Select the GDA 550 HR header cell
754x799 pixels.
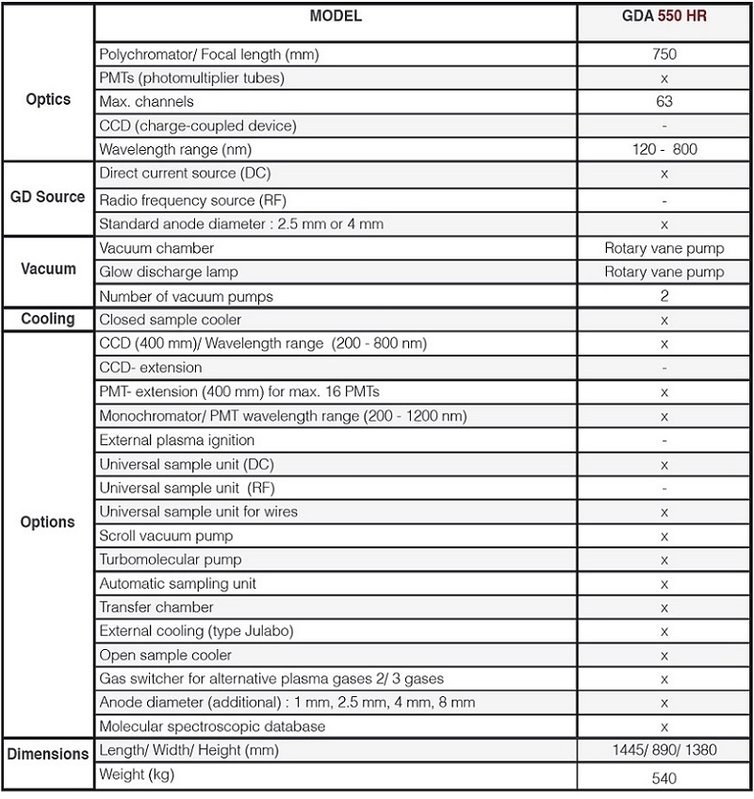coord(664,16)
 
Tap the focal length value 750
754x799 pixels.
coord(664,55)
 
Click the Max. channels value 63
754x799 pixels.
coord(664,102)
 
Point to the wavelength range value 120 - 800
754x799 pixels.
coord(664,150)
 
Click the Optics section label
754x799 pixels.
coord(48,100)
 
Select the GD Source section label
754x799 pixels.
coord(48,197)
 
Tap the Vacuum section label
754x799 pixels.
coord(48,269)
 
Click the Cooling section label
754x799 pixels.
coord(48,319)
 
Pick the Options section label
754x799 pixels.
coord(48,522)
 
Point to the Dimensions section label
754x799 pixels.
coord(48,754)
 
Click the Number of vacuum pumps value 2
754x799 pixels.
coord(664,296)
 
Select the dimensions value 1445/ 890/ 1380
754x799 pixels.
coord(664,750)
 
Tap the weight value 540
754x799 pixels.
coord(664,778)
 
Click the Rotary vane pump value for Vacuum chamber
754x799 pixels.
coord(664,248)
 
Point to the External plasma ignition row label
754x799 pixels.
coord(177,440)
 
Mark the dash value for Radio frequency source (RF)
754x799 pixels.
coord(664,200)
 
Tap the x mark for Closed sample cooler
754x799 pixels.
coord(664,320)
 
